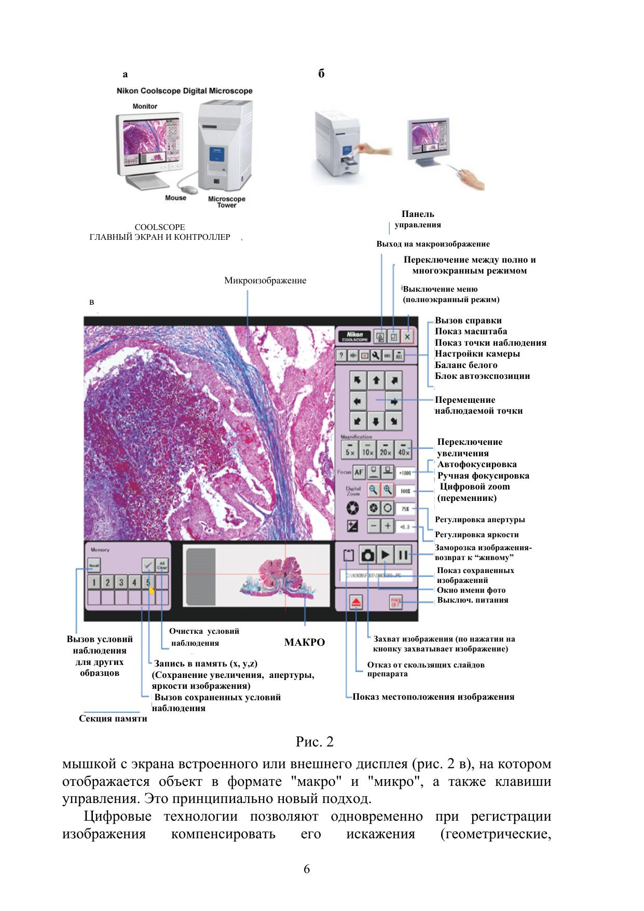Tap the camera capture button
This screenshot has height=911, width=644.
368,555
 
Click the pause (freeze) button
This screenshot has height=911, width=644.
403,555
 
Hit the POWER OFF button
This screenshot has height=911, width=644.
396,602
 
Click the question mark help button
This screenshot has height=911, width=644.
341,356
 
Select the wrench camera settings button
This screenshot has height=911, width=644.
376,356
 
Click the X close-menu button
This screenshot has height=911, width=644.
408,337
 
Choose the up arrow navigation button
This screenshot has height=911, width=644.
376,380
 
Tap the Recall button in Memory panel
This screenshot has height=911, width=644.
94,565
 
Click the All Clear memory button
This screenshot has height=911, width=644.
162,565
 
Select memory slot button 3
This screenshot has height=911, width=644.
121,582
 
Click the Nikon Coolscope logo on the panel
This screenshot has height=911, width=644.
355,337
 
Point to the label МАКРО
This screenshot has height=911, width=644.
305,643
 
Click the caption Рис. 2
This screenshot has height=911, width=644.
314,742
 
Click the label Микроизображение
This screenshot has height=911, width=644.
265,281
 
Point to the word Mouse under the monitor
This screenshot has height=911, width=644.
175,198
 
